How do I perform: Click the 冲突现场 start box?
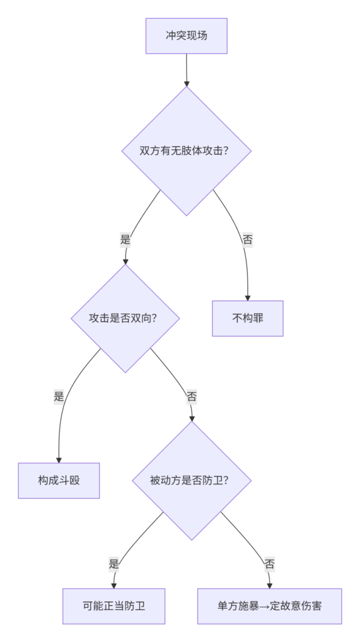point(186,36)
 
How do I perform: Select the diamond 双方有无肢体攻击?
point(186,150)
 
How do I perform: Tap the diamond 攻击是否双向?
point(125,318)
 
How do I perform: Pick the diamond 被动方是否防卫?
point(191,480)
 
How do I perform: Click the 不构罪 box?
point(247,318)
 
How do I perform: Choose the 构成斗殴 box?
point(59,480)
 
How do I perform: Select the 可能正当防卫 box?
point(114,606)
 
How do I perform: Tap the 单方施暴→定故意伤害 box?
point(270,606)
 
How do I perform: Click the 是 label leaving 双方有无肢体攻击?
point(125,239)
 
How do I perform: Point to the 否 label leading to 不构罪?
point(247,239)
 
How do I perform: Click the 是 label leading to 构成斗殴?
point(59,396)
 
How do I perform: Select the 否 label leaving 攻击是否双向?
point(191,396)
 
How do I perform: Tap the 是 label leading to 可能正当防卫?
point(114,564)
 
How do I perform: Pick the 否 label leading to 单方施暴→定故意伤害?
point(270,564)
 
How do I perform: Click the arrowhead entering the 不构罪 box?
point(247,298)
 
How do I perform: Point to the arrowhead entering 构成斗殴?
point(59,460)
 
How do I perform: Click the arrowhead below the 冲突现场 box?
point(186,83)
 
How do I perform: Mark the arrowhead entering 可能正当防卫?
point(114,586)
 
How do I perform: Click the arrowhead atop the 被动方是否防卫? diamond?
point(192,418)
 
